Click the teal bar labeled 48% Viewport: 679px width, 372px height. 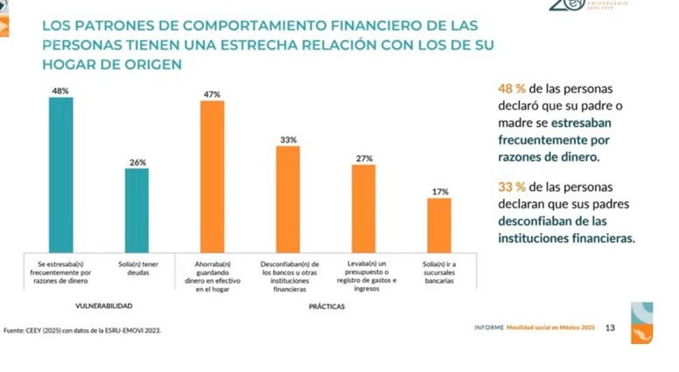click(61, 174)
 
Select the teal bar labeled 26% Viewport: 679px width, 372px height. click(136, 210)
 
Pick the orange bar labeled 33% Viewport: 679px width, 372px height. click(288, 200)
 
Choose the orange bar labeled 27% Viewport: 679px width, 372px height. click(364, 208)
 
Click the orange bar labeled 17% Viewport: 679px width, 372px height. click(439, 225)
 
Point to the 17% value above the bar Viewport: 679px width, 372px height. click(440, 192)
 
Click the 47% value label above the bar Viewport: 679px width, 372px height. click(213, 94)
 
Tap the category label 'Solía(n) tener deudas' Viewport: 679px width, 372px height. click(136, 268)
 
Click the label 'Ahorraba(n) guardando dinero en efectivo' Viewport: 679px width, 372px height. click(213, 276)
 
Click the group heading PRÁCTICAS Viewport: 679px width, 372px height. click(326, 307)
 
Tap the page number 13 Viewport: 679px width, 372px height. click(610, 327)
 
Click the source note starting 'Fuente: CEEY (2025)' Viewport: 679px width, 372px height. click(83, 330)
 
